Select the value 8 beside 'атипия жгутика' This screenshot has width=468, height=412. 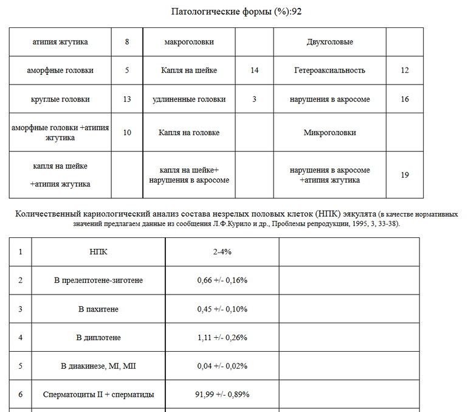(127, 42)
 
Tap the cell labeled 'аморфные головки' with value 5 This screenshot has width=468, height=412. (60, 70)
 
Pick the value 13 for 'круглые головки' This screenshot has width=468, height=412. (127, 99)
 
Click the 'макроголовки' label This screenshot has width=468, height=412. (189, 42)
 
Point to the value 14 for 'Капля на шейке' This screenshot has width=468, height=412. (254, 70)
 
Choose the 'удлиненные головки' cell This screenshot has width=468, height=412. (189, 99)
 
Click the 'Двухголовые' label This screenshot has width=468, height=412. (329, 42)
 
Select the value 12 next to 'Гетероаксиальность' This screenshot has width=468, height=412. (405, 70)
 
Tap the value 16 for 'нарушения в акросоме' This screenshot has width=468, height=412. (405, 99)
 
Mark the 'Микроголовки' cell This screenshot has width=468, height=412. (329, 132)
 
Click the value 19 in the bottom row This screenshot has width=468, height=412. (405, 175)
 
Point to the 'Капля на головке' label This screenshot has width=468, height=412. (189, 132)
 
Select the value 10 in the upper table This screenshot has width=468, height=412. (127, 132)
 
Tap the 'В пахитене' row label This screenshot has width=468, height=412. (98, 309)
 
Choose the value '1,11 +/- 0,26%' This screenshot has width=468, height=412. (222, 337)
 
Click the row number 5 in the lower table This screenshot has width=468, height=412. (21, 366)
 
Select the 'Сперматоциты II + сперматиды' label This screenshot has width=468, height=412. (98, 394)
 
